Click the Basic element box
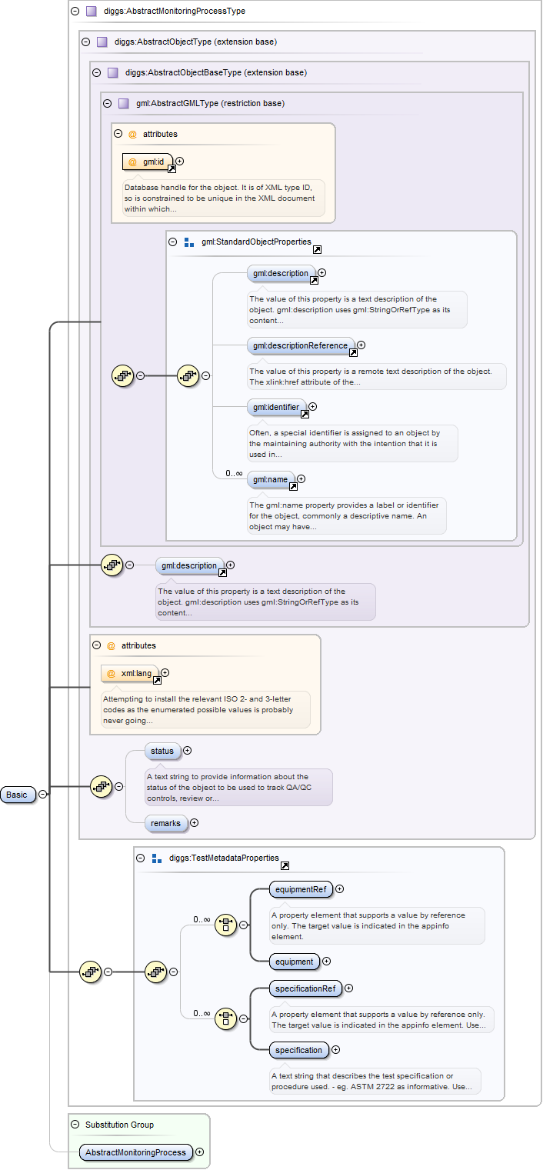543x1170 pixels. [18, 795]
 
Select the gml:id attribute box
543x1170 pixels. [148, 162]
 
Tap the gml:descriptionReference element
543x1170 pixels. [301, 345]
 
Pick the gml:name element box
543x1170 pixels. [270, 480]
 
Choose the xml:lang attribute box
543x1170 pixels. [131, 673]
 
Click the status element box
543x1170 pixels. [162, 750]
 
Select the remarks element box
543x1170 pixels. [165, 823]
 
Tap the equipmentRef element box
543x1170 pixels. [299, 889]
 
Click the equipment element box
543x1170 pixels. [294, 962]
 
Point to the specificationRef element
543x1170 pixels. [304, 988]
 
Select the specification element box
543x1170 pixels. [298, 1050]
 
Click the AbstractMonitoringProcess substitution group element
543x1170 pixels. [135, 1152]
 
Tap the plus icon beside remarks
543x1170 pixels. [194, 823]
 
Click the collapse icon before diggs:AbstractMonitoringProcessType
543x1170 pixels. [74, 12]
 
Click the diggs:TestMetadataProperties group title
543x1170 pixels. [224, 858]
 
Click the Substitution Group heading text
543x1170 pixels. [119, 1125]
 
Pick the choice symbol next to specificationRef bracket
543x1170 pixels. [225, 1018]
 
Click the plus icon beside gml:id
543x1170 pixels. [180, 162]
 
